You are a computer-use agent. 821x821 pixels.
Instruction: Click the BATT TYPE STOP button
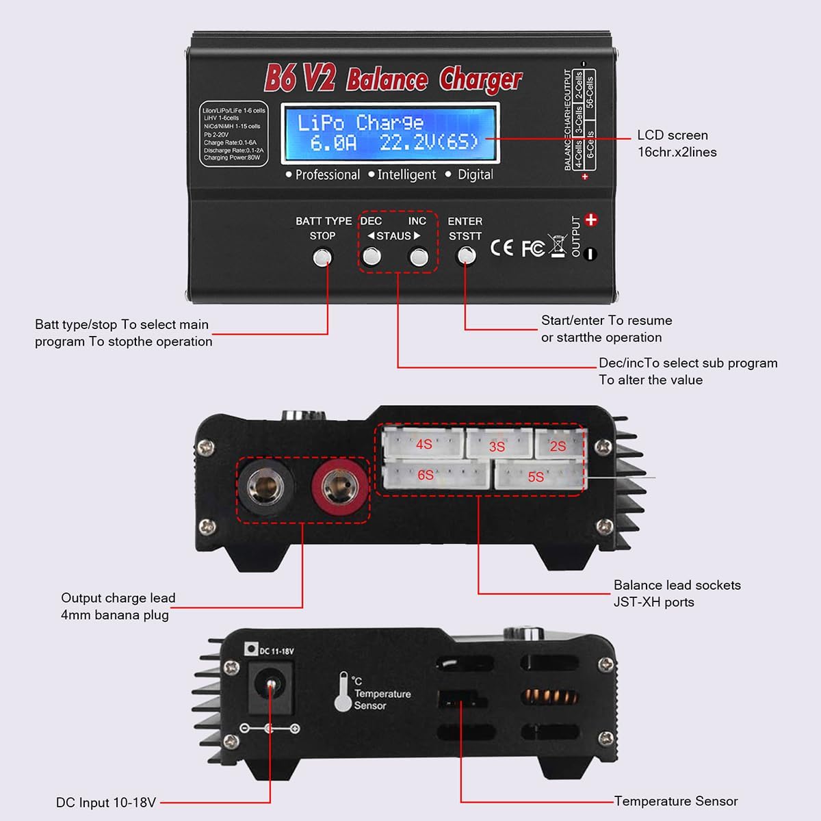[322, 257]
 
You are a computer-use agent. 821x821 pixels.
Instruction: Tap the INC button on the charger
[418, 257]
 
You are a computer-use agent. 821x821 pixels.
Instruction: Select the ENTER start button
[466, 256]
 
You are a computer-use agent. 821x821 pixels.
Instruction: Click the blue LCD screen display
[391, 133]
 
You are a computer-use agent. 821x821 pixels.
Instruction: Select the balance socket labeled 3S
[498, 445]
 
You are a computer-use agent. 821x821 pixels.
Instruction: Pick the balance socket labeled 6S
[435, 475]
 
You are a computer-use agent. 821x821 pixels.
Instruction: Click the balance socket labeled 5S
[538, 475]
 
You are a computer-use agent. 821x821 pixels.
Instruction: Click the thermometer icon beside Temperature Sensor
[343, 692]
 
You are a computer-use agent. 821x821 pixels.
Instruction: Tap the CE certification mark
[501, 248]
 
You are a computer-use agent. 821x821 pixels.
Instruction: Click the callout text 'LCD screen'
[672, 135]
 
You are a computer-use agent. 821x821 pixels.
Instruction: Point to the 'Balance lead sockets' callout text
[677, 585]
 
